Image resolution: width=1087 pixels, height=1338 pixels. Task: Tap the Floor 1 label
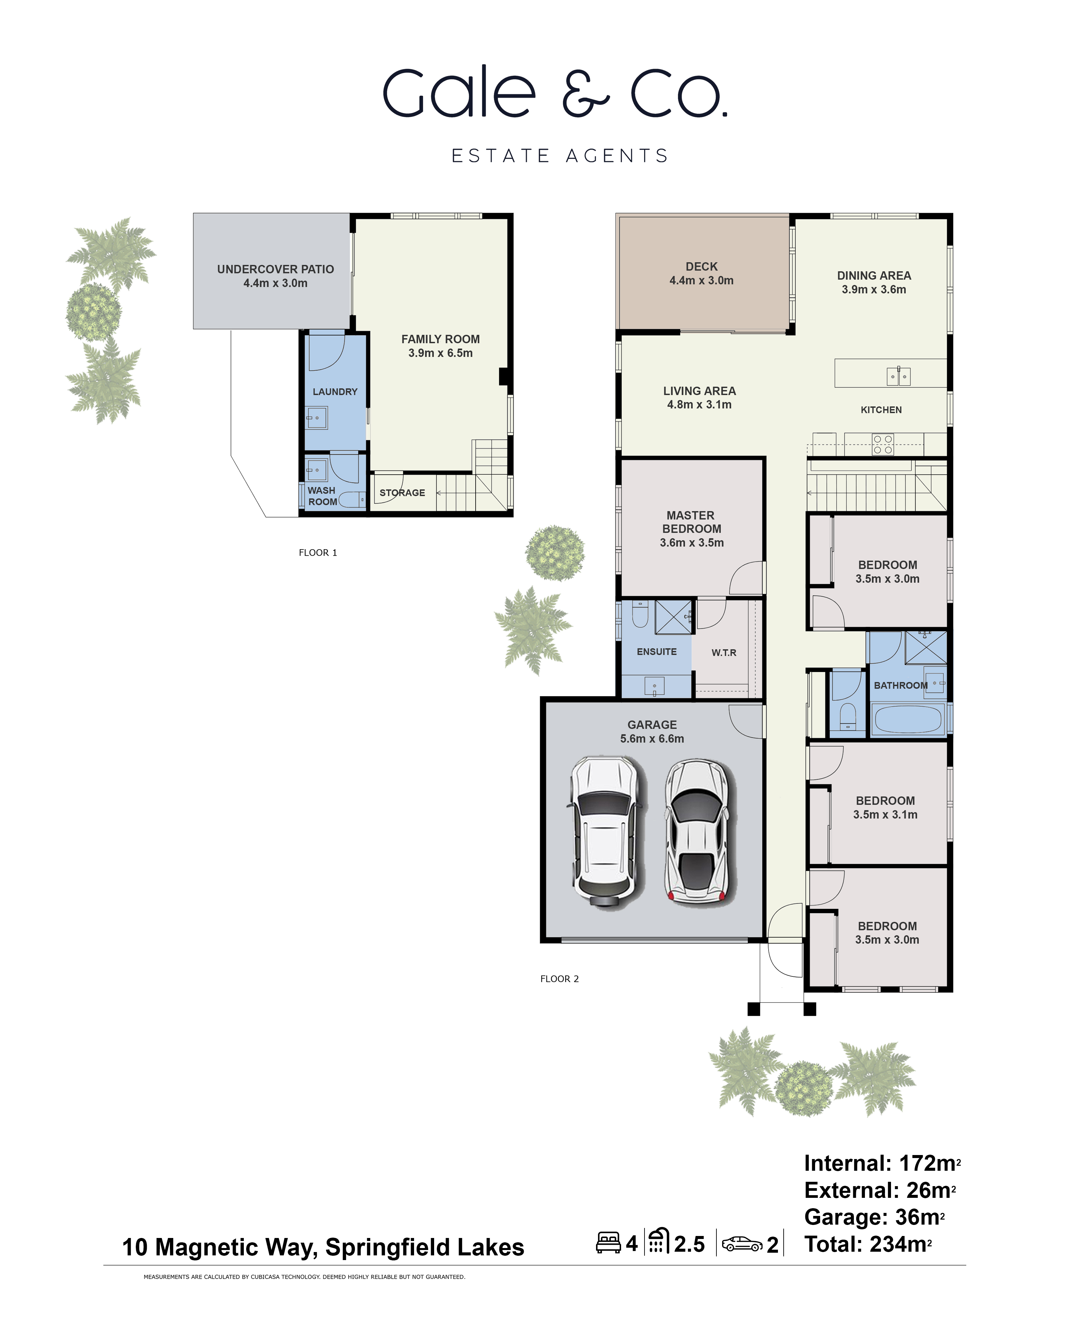(x=317, y=552)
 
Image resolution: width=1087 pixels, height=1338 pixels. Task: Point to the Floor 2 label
(x=559, y=979)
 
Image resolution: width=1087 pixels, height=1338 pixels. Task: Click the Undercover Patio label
(x=276, y=276)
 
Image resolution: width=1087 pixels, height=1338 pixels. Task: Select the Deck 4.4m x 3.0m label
(x=701, y=274)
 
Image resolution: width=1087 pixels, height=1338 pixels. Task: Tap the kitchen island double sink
(x=898, y=376)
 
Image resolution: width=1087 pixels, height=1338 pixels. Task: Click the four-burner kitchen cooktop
(x=883, y=445)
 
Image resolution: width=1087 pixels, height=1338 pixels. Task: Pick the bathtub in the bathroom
(x=908, y=719)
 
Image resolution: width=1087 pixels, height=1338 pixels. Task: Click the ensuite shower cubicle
(x=673, y=617)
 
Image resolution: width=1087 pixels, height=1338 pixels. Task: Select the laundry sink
(x=317, y=417)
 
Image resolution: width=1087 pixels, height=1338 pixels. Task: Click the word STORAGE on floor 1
(x=402, y=493)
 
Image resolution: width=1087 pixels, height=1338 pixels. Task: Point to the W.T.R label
(x=724, y=652)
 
